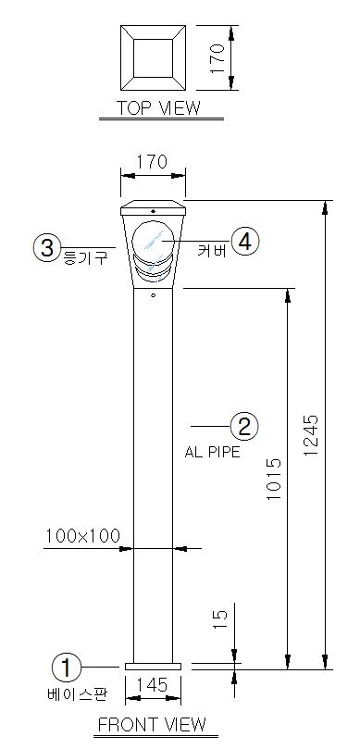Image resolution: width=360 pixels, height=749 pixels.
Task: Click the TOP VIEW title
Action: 159,108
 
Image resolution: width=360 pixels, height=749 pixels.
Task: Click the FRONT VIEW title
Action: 153,725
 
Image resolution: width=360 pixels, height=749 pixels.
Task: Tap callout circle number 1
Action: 67,667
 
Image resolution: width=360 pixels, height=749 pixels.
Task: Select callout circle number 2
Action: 244,426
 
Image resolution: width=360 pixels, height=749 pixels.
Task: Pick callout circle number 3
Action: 47,248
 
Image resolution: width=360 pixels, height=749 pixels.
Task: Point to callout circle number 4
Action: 245,243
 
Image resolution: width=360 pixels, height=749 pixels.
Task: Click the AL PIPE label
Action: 213,452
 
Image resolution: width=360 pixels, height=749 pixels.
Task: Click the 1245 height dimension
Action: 310,436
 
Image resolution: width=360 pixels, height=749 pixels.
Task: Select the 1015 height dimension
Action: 274,479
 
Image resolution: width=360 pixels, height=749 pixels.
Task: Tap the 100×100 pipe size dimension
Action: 83,535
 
